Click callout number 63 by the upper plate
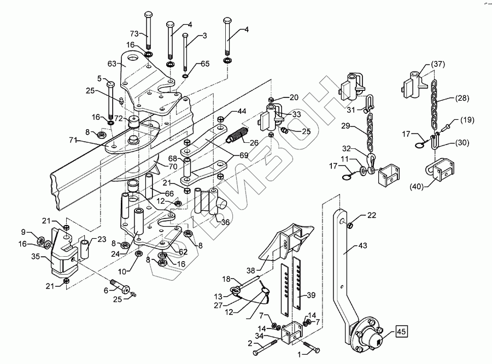pos(112,64)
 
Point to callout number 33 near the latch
pos(296,114)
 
